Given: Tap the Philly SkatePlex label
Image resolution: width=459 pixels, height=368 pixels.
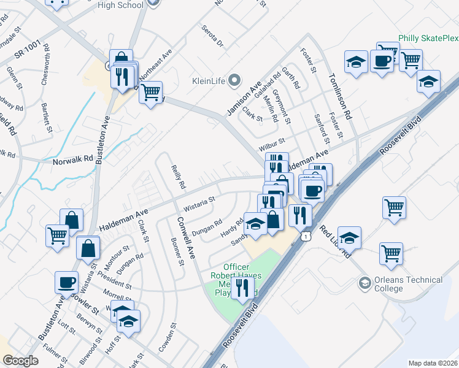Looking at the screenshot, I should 428,38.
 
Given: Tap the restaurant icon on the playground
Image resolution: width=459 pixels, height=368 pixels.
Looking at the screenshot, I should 242,288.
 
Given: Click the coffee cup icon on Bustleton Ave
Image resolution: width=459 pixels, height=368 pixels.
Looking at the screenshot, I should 67,283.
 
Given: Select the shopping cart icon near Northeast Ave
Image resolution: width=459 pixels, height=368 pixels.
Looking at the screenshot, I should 150,93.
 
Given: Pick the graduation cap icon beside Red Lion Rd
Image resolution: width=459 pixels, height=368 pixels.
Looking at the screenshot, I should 349,237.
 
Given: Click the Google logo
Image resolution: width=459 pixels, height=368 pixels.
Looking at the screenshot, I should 20,361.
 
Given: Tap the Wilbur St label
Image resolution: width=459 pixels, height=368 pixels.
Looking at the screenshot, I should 272,143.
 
